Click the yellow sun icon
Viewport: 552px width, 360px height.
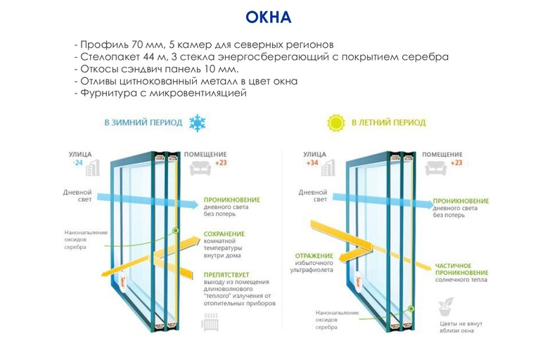335,123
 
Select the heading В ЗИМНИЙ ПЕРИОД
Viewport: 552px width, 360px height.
143,122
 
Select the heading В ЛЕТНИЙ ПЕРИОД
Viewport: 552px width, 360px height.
388,122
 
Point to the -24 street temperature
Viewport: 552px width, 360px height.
77,163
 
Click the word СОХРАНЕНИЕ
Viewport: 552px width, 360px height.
224,233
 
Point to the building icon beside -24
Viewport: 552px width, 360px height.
93,167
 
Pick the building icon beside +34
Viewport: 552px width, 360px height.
328,167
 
